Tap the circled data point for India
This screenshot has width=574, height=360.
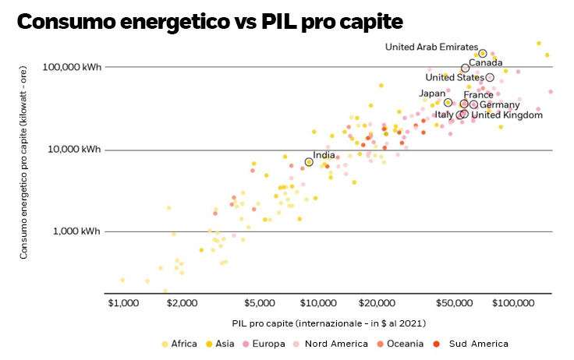tap(309, 162)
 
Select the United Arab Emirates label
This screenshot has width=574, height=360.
tap(431, 48)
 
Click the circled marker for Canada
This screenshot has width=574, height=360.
tap(466, 69)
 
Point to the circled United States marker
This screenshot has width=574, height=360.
tap(490, 77)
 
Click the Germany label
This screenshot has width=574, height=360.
tap(499, 104)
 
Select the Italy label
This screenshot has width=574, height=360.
tap(444, 115)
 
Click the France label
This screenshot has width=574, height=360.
tap(478, 95)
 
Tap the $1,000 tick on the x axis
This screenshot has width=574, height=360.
tap(122, 302)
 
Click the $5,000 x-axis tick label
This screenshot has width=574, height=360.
tap(259, 302)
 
